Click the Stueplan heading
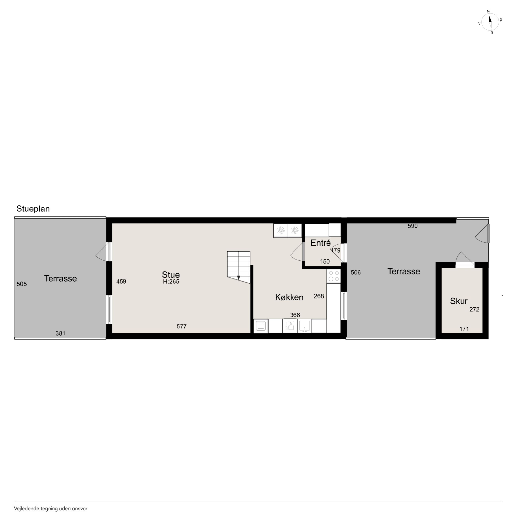click(x=33, y=209)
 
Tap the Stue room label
click(x=171, y=275)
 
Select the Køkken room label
click(x=289, y=297)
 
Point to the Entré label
click(x=321, y=243)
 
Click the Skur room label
click(x=459, y=301)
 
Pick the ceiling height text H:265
click(x=171, y=282)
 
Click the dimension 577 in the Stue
click(x=181, y=327)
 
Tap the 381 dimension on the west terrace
click(x=60, y=333)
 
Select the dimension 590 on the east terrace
click(x=412, y=226)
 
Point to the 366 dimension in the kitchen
click(x=295, y=315)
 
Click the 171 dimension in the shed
click(x=464, y=329)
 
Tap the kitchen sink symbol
click(x=304, y=326)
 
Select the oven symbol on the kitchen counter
click(x=261, y=326)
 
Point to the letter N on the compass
click(x=488, y=11)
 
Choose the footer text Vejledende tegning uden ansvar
click(x=51, y=509)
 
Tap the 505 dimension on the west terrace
click(x=22, y=284)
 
